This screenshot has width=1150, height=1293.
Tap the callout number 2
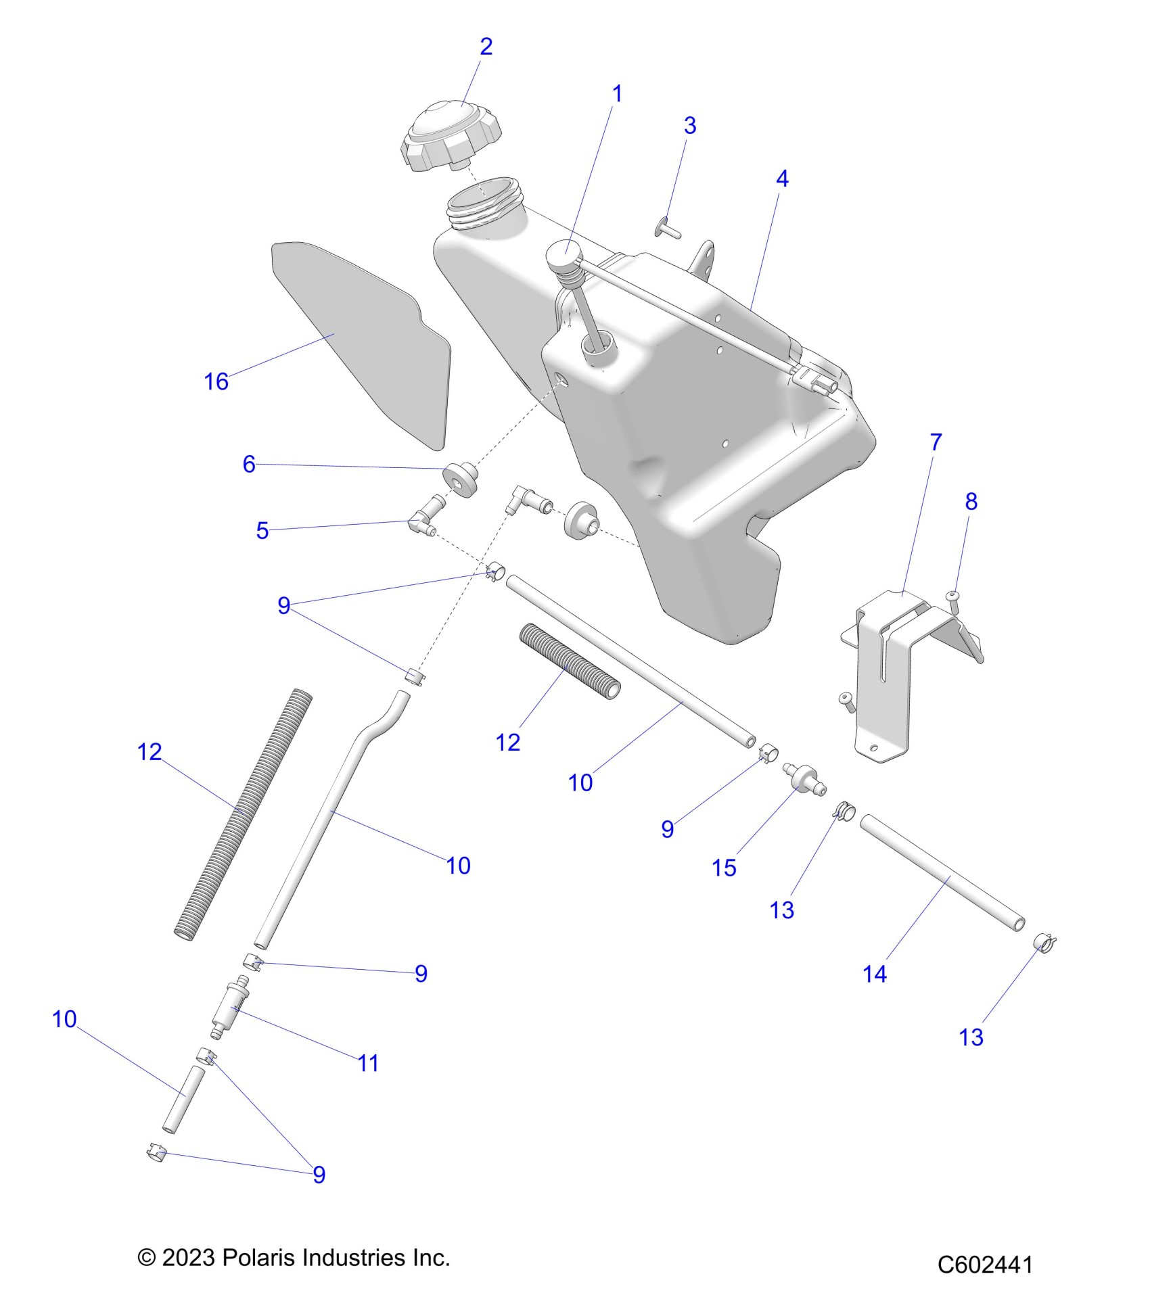(486, 47)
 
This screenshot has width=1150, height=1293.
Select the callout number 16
(216, 381)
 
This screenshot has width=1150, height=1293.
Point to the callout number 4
(782, 179)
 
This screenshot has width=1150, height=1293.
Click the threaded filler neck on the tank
(486, 206)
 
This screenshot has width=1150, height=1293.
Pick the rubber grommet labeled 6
(462, 479)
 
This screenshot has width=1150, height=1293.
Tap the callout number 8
(971, 501)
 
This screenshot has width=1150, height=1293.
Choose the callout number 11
(368, 1063)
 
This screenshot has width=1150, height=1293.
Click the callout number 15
(724, 868)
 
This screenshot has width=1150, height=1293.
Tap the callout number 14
(874, 974)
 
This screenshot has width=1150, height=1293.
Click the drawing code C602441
(985, 1265)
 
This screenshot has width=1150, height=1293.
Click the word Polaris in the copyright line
(259, 1258)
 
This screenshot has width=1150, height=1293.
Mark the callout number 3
(690, 125)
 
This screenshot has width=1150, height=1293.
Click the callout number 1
(616, 94)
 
